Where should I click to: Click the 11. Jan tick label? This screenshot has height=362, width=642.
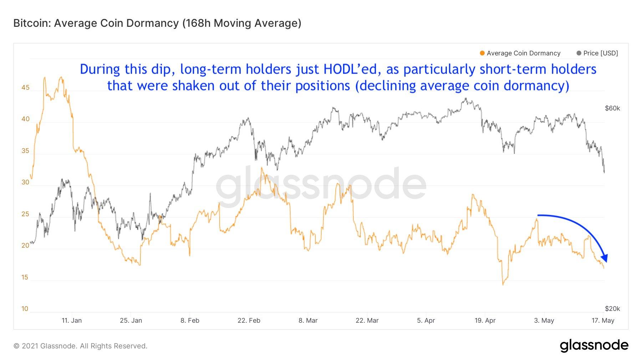click(71, 321)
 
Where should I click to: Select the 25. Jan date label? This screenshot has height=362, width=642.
click(131, 321)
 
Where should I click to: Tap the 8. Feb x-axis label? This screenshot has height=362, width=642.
click(190, 321)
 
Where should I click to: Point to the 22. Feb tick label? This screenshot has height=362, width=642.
click(249, 321)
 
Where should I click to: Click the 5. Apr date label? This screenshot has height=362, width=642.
click(426, 321)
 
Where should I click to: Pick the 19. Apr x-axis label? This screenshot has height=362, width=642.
click(485, 321)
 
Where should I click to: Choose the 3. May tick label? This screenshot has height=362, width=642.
click(544, 321)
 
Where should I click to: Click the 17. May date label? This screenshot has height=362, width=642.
click(603, 321)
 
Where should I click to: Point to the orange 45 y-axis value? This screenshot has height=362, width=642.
click(25, 88)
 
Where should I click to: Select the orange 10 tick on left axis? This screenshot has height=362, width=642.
click(25, 309)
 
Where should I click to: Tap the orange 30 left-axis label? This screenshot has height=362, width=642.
click(25, 182)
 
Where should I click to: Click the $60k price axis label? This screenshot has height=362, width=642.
click(612, 108)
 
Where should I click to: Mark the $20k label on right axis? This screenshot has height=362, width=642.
click(612, 309)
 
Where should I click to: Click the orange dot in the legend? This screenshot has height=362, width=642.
click(482, 53)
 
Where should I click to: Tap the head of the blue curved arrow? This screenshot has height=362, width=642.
click(605, 258)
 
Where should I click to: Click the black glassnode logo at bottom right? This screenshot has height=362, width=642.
click(594, 346)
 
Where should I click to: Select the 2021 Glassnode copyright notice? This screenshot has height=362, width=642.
click(80, 346)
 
